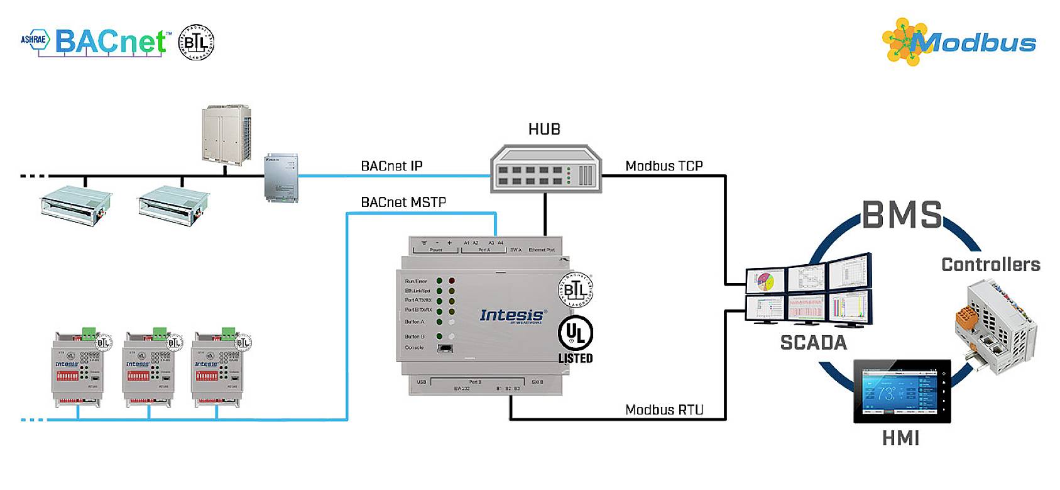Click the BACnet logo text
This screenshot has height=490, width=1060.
(110, 42)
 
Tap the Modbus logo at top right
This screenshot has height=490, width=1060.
(959, 42)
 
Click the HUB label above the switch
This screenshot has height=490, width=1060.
(544, 130)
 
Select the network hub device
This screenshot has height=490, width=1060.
(545, 169)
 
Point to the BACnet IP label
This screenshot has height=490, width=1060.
(391, 166)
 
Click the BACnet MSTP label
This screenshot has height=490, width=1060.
(403, 203)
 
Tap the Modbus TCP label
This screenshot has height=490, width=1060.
(664, 166)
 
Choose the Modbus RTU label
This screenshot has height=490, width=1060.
(664, 410)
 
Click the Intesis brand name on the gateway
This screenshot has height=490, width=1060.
(512, 315)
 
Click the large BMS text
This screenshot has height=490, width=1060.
(902, 215)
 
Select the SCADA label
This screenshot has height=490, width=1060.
(813, 343)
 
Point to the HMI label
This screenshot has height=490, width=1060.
(900, 438)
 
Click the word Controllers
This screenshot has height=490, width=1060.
(990, 265)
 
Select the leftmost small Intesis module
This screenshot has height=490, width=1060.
(77, 366)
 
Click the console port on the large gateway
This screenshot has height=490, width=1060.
(445, 348)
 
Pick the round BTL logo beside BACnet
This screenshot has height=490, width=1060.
(197, 42)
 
